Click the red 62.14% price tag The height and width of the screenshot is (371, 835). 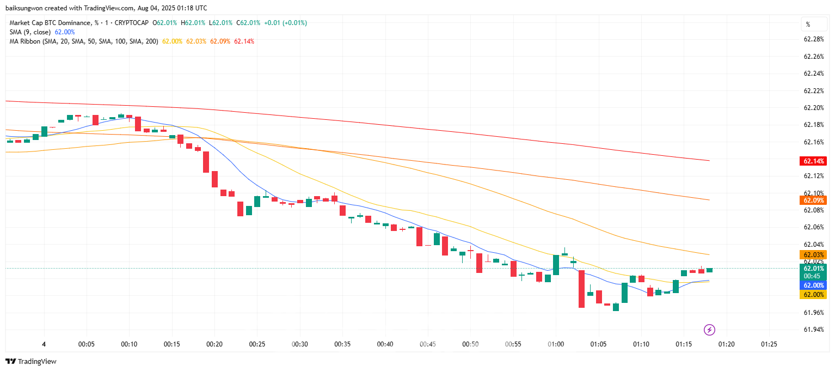(813, 161)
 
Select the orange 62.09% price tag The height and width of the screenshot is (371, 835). (813, 200)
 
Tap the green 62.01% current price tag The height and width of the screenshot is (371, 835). (813, 268)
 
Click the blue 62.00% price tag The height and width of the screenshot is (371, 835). (813, 285)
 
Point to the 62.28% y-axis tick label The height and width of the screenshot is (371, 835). (814, 39)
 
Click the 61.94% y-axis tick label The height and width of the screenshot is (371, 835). (814, 330)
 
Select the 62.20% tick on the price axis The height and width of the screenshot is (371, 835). (814, 108)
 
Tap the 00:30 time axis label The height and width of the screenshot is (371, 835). (300, 344)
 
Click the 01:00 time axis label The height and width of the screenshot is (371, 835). (556, 344)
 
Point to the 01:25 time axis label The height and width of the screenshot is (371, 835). (769, 344)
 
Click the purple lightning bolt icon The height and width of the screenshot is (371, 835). (709, 330)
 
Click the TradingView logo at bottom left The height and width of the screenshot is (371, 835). (30, 361)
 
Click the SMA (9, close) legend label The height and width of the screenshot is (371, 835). (30, 32)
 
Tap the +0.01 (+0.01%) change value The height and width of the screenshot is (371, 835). (285, 23)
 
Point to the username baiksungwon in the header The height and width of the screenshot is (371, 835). (23, 8)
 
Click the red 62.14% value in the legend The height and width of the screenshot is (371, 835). (244, 41)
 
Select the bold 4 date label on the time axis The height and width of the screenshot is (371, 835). (44, 344)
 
